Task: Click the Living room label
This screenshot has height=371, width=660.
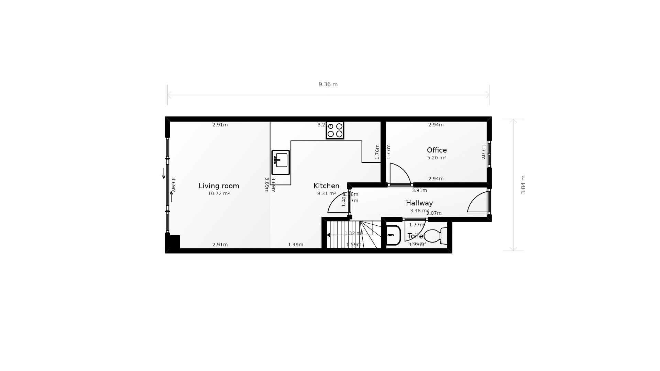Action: click(219, 186)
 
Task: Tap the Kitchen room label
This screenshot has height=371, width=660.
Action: click(326, 186)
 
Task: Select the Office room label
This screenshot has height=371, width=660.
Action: click(437, 150)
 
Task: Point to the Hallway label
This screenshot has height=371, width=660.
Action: click(419, 203)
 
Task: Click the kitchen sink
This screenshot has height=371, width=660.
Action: click(280, 162)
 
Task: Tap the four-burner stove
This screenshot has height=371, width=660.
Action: click(335, 130)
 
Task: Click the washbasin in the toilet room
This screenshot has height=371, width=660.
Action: click(393, 235)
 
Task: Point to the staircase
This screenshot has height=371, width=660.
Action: click(352, 235)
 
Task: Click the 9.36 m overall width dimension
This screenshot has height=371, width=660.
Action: click(328, 85)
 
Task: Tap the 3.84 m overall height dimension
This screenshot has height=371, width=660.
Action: click(523, 185)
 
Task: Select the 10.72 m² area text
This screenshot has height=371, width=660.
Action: click(219, 194)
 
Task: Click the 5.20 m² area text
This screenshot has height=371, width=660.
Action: click(437, 158)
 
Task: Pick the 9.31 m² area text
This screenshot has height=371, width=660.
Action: click(326, 194)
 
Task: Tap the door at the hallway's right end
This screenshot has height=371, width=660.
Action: click(478, 203)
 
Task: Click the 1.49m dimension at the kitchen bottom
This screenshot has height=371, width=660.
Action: click(296, 245)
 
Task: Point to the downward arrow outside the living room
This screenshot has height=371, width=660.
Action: click(164, 173)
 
